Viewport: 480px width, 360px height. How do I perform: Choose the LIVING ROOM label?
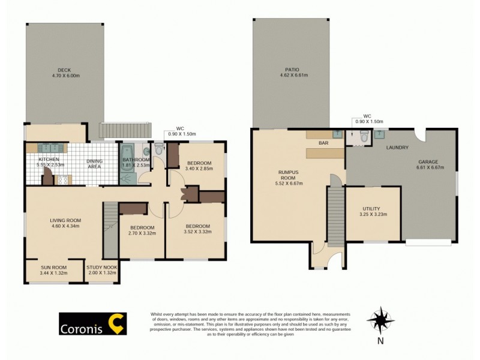pyautogui.click(x=65, y=224)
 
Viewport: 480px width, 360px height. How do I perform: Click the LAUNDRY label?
pyautogui.click(x=398, y=147)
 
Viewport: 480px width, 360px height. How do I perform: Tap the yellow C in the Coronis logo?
pyautogui.click(x=118, y=324)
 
